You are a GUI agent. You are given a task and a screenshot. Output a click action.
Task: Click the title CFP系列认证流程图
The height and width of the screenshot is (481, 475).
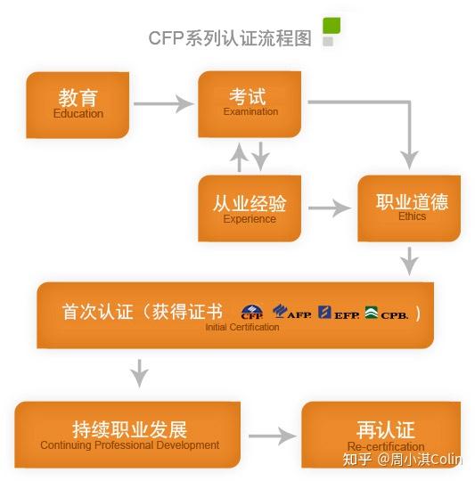[x=230, y=39]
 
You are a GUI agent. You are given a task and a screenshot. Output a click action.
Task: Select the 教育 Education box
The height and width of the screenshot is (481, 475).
[x=78, y=103]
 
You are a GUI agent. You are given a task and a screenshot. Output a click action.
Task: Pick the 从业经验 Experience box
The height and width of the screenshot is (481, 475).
[x=249, y=208]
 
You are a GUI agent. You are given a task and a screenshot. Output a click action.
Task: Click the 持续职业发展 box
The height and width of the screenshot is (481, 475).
[x=129, y=435]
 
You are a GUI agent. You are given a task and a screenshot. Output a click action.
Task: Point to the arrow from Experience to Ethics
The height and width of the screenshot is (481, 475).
[x=329, y=208]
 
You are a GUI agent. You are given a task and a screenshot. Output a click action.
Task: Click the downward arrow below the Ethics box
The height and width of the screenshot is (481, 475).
[x=409, y=260]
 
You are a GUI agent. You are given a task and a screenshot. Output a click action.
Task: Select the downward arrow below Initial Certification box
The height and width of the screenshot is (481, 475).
[x=139, y=372]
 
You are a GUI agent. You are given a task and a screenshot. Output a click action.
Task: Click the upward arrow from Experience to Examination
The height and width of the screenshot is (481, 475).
[x=239, y=159]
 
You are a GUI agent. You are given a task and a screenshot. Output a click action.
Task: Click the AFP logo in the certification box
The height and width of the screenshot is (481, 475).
[x=292, y=312]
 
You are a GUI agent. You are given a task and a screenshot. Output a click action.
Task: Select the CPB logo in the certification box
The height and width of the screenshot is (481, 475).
[x=386, y=312]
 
